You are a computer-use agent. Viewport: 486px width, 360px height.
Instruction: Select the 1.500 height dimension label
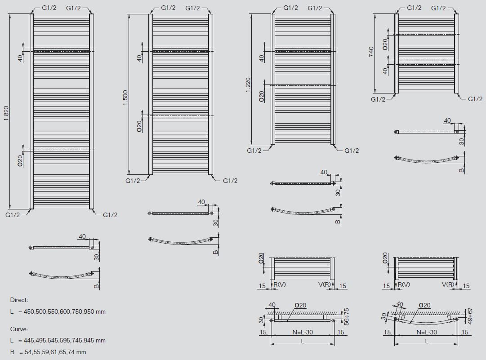point(125,98)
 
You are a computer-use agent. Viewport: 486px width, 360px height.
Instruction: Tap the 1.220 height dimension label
point(248,85)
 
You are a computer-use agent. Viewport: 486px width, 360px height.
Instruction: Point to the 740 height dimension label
point(371,52)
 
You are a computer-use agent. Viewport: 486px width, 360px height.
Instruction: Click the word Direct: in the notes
point(19,300)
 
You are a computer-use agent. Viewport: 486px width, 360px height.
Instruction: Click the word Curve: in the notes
point(19,329)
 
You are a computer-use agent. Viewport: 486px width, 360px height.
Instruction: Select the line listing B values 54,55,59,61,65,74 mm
point(48,352)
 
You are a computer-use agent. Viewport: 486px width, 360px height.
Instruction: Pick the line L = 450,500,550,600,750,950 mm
point(58,311)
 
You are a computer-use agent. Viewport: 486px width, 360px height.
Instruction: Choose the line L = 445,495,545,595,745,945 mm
point(58,341)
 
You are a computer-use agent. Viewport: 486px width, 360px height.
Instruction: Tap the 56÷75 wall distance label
point(347,316)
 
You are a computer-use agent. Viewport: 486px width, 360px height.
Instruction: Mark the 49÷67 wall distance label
point(470,316)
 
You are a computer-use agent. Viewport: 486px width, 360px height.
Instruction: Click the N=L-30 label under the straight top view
point(303,333)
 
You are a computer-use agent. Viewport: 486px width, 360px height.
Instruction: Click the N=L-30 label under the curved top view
point(427,333)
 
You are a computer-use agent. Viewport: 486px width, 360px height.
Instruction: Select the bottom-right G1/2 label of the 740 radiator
point(475,99)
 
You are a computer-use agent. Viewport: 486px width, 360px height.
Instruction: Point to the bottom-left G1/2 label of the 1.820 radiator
point(13,215)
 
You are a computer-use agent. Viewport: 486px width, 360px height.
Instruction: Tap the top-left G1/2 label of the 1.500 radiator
point(168,8)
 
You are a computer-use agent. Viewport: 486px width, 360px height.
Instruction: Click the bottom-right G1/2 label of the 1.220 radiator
point(352,151)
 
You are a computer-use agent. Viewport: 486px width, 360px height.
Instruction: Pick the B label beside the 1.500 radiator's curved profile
point(216,252)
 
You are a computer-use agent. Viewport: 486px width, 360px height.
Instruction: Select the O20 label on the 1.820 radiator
point(20,161)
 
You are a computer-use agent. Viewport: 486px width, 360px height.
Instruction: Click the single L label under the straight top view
point(303,342)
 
